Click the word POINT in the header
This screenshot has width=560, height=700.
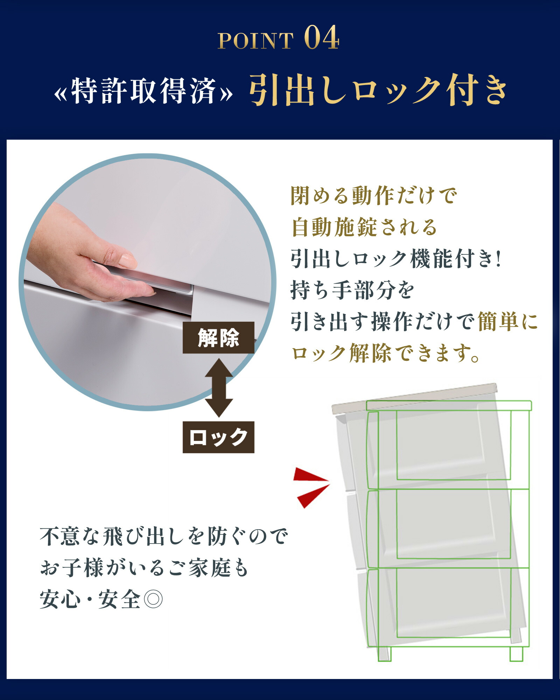tap(255, 41)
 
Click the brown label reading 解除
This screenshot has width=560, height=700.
tap(218, 338)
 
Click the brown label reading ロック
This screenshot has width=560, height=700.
tap(218, 437)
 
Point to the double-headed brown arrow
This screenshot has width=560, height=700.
tap(219, 387)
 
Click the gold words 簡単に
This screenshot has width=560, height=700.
tap(507, 322)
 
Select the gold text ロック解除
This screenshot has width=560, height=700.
tap(341, 353)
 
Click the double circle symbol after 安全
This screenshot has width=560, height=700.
tap(153, 600)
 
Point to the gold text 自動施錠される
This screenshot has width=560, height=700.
tap(364, 227)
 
